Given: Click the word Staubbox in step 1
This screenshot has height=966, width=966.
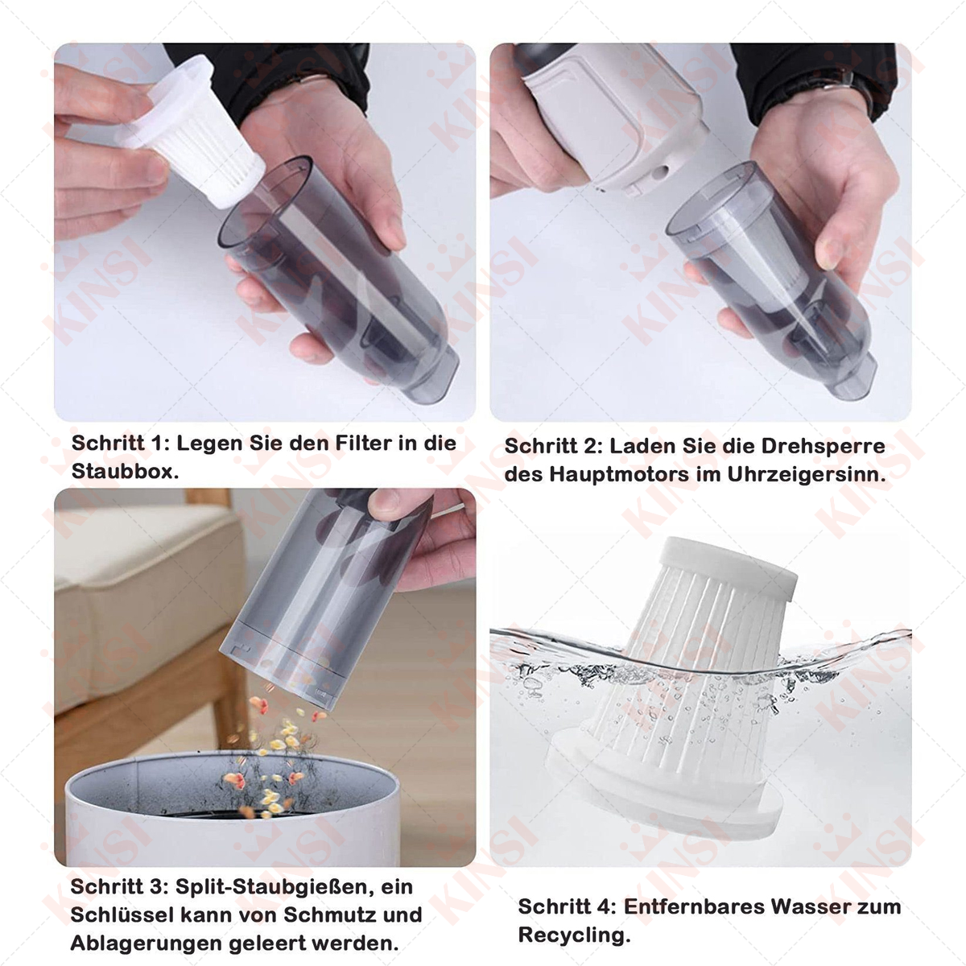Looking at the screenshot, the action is click(x=125, y=471).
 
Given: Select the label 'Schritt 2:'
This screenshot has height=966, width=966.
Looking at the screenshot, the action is click(x=553, y=446).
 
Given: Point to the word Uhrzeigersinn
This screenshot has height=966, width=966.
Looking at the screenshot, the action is click(x=806, y=474).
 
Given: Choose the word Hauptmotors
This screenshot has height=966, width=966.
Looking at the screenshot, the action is click(x=619, y=474).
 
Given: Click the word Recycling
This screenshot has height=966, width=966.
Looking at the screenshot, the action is click(x=574, y=935).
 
